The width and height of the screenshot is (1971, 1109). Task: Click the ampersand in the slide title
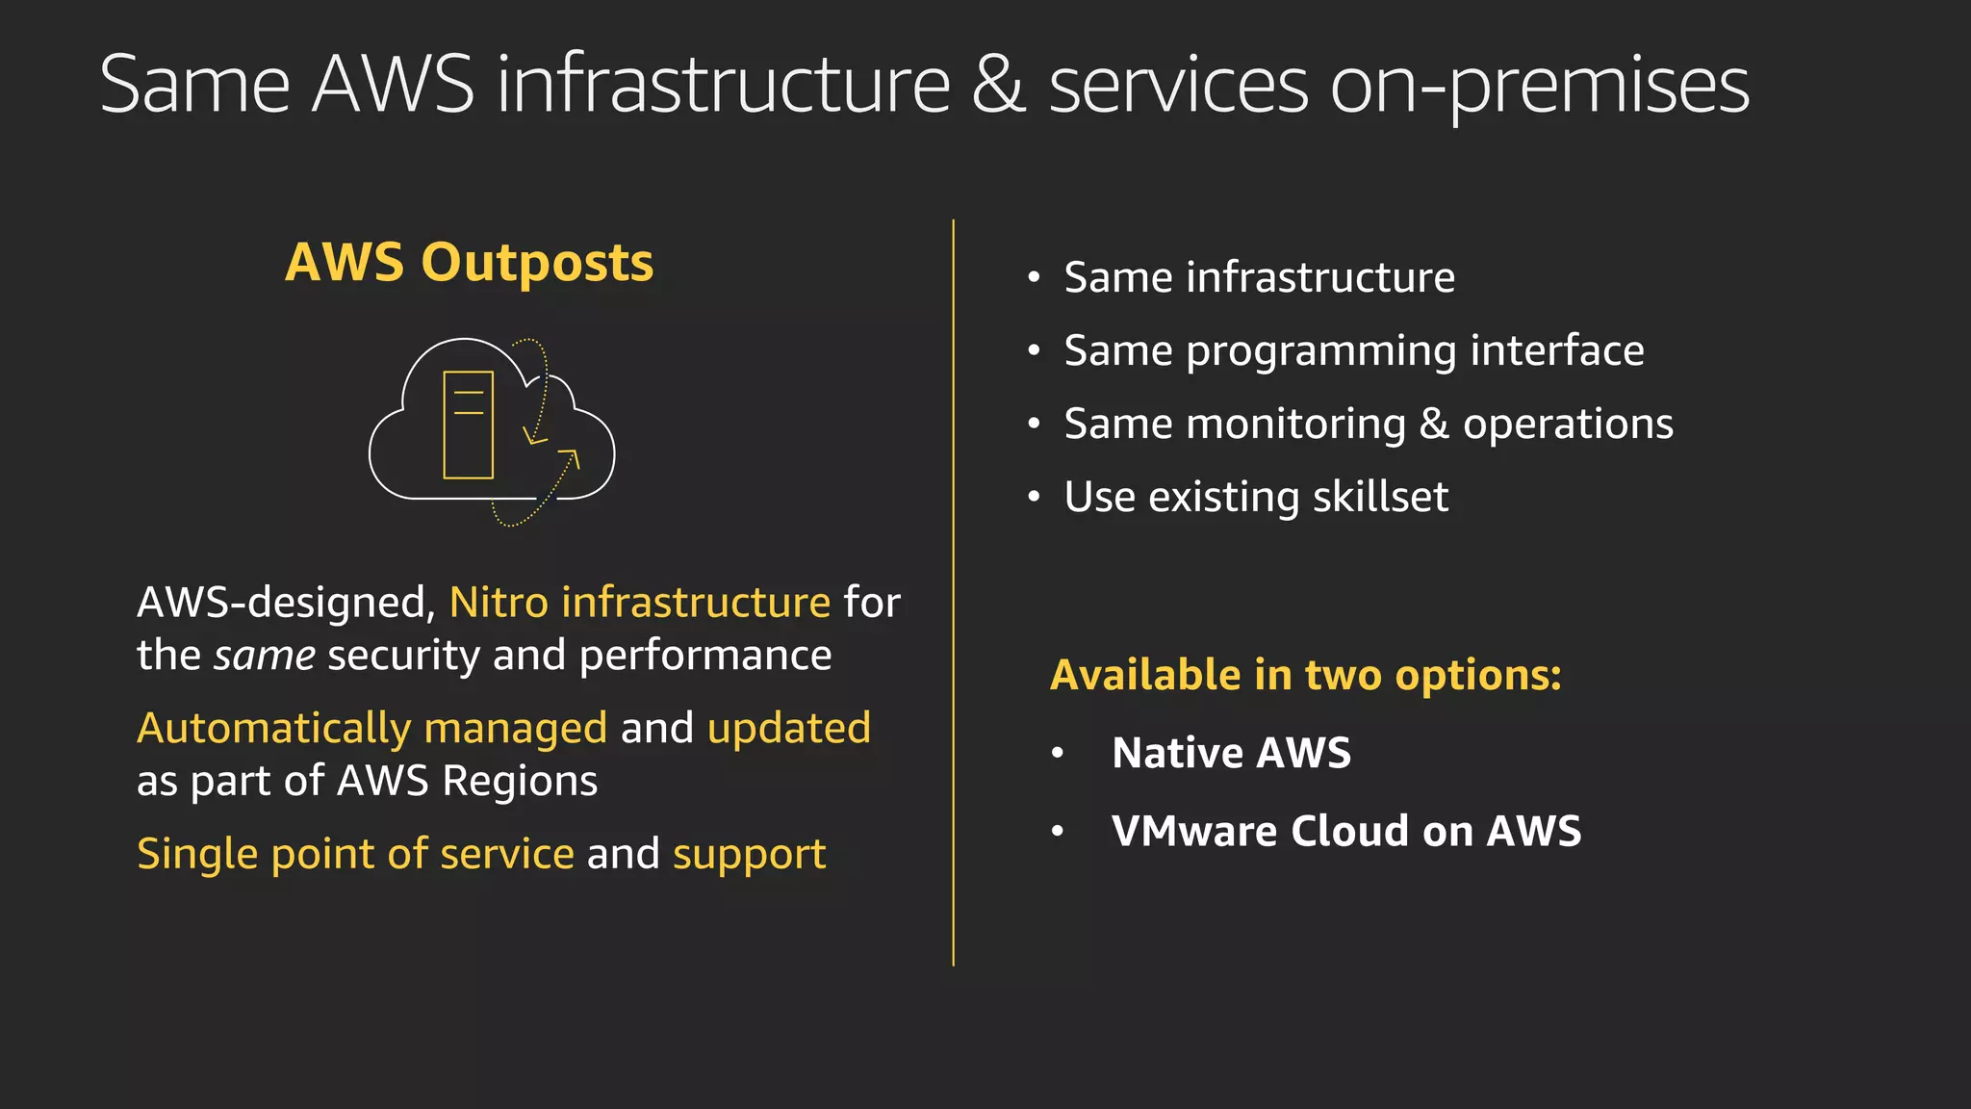(x=998, y=85)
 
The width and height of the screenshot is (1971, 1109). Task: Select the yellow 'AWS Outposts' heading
(x=469, y=262)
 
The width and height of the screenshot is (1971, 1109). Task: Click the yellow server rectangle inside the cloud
(x=468, y=425)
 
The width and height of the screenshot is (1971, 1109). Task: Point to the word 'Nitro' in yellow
(x=499, y=603)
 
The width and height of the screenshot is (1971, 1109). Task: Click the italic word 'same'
(x=264, y=656)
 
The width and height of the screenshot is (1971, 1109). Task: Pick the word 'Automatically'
(x=274, y=729)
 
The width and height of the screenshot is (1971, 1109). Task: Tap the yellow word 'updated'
(x=789, y=728)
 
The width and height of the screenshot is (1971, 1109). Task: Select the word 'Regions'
(x=520, y=781)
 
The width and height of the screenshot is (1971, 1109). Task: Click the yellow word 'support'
(x=749, y=854)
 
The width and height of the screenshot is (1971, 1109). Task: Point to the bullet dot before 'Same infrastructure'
(x=1034, y=278)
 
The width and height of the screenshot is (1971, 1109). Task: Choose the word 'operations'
(x=1568, y=425)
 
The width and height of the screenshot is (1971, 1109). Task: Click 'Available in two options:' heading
(x=1305, y=675)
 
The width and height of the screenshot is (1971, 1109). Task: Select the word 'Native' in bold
(x=1177, y=753)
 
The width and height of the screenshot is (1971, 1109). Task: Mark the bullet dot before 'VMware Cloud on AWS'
(x=1058, y=832)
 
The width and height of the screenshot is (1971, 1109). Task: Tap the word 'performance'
(x=705, y=656)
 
